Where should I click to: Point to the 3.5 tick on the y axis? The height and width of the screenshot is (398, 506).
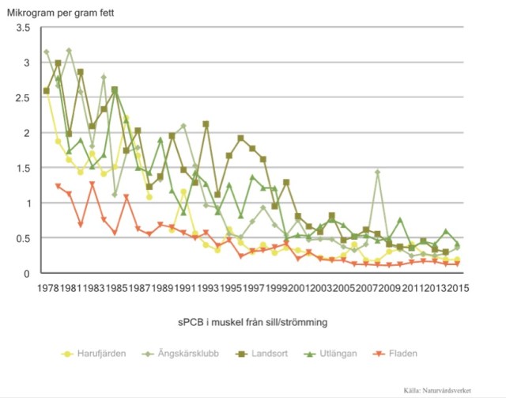click(x=23, y=28)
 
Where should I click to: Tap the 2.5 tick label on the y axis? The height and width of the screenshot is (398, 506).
click(x=23, y=98)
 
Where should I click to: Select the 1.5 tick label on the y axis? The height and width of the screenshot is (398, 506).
click(x=23, y=169)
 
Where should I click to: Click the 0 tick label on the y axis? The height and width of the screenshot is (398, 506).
click(x=27, y=274)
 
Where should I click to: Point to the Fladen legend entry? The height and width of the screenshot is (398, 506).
click(x=428, y=353)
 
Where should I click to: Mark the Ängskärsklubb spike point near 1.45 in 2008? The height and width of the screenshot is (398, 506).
click(x=378, y=172)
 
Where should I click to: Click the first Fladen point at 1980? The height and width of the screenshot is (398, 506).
click(x=58, y=187)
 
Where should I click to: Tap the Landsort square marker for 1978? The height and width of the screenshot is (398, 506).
click(x=47, y=91)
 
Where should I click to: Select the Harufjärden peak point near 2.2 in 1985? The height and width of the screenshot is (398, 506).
click(x=126, y=119)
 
